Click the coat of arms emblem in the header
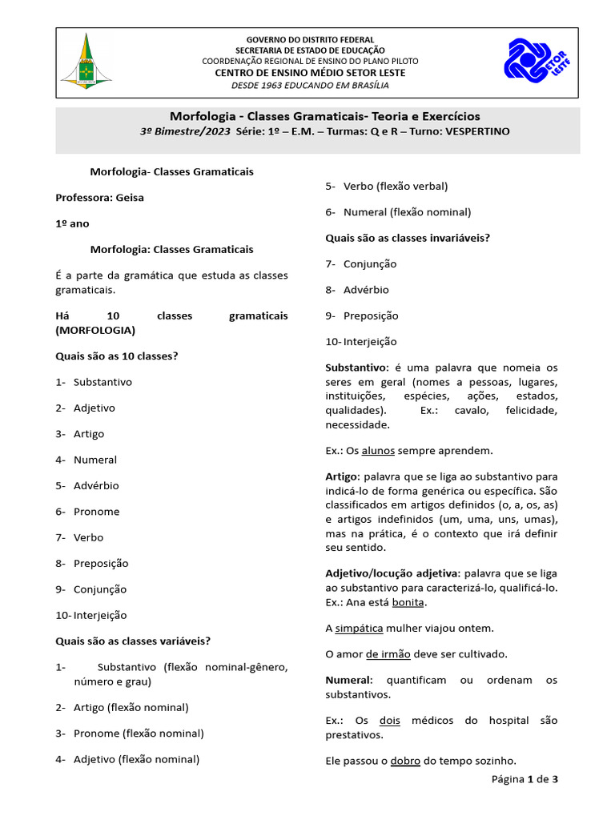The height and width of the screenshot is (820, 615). coord(86,61)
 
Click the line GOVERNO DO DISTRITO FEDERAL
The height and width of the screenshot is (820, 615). coord(309,39)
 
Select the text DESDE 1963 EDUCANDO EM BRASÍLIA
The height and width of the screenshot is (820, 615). coord(309,85)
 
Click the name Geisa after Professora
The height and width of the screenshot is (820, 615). coord(130,198)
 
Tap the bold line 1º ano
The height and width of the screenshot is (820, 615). coord(72,223)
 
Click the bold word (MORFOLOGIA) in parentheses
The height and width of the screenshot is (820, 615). coord(95,330)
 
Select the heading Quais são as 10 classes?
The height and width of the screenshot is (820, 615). coord(116,356)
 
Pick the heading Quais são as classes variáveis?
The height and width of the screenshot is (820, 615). coord(133,641)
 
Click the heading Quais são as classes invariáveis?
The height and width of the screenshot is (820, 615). coord(408,238)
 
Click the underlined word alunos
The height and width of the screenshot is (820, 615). coord(378,451)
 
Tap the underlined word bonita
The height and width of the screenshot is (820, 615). coord(408,602)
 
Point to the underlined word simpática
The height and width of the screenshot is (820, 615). coord(359,628)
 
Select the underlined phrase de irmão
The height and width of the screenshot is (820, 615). coord(388,654)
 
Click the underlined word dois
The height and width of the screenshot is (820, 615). coord(390,720)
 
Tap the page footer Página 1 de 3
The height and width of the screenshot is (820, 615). coord(525,779)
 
